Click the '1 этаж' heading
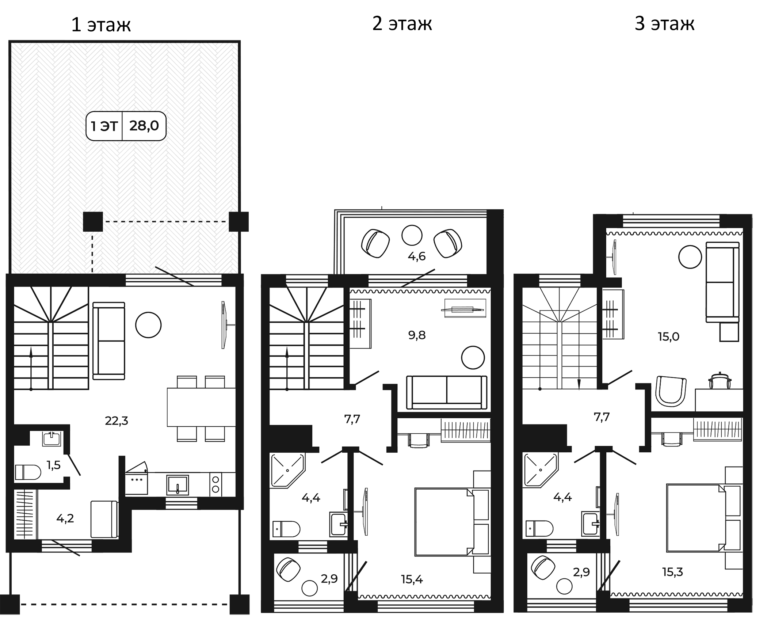point(101,25)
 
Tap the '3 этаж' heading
point(664,24)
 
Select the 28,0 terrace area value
point(144,126)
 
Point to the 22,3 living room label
point(117,421)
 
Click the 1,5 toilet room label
point(53,465)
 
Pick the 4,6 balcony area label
point(417,256)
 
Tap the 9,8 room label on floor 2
point(417,335)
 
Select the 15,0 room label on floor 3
point(668,336)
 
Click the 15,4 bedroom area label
point(412,579)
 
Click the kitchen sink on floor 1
point(178,485)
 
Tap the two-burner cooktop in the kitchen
point(215,484)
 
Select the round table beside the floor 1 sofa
point(148,325)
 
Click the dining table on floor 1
point(201,407)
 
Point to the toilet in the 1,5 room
point(28,472)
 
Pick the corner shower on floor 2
point(287,470)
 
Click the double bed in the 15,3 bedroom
point(696,518)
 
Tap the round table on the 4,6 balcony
point(412,235)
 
